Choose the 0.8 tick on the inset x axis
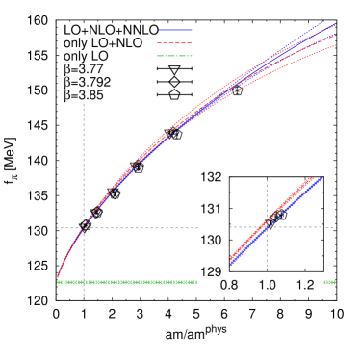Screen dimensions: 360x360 (230, 286)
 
